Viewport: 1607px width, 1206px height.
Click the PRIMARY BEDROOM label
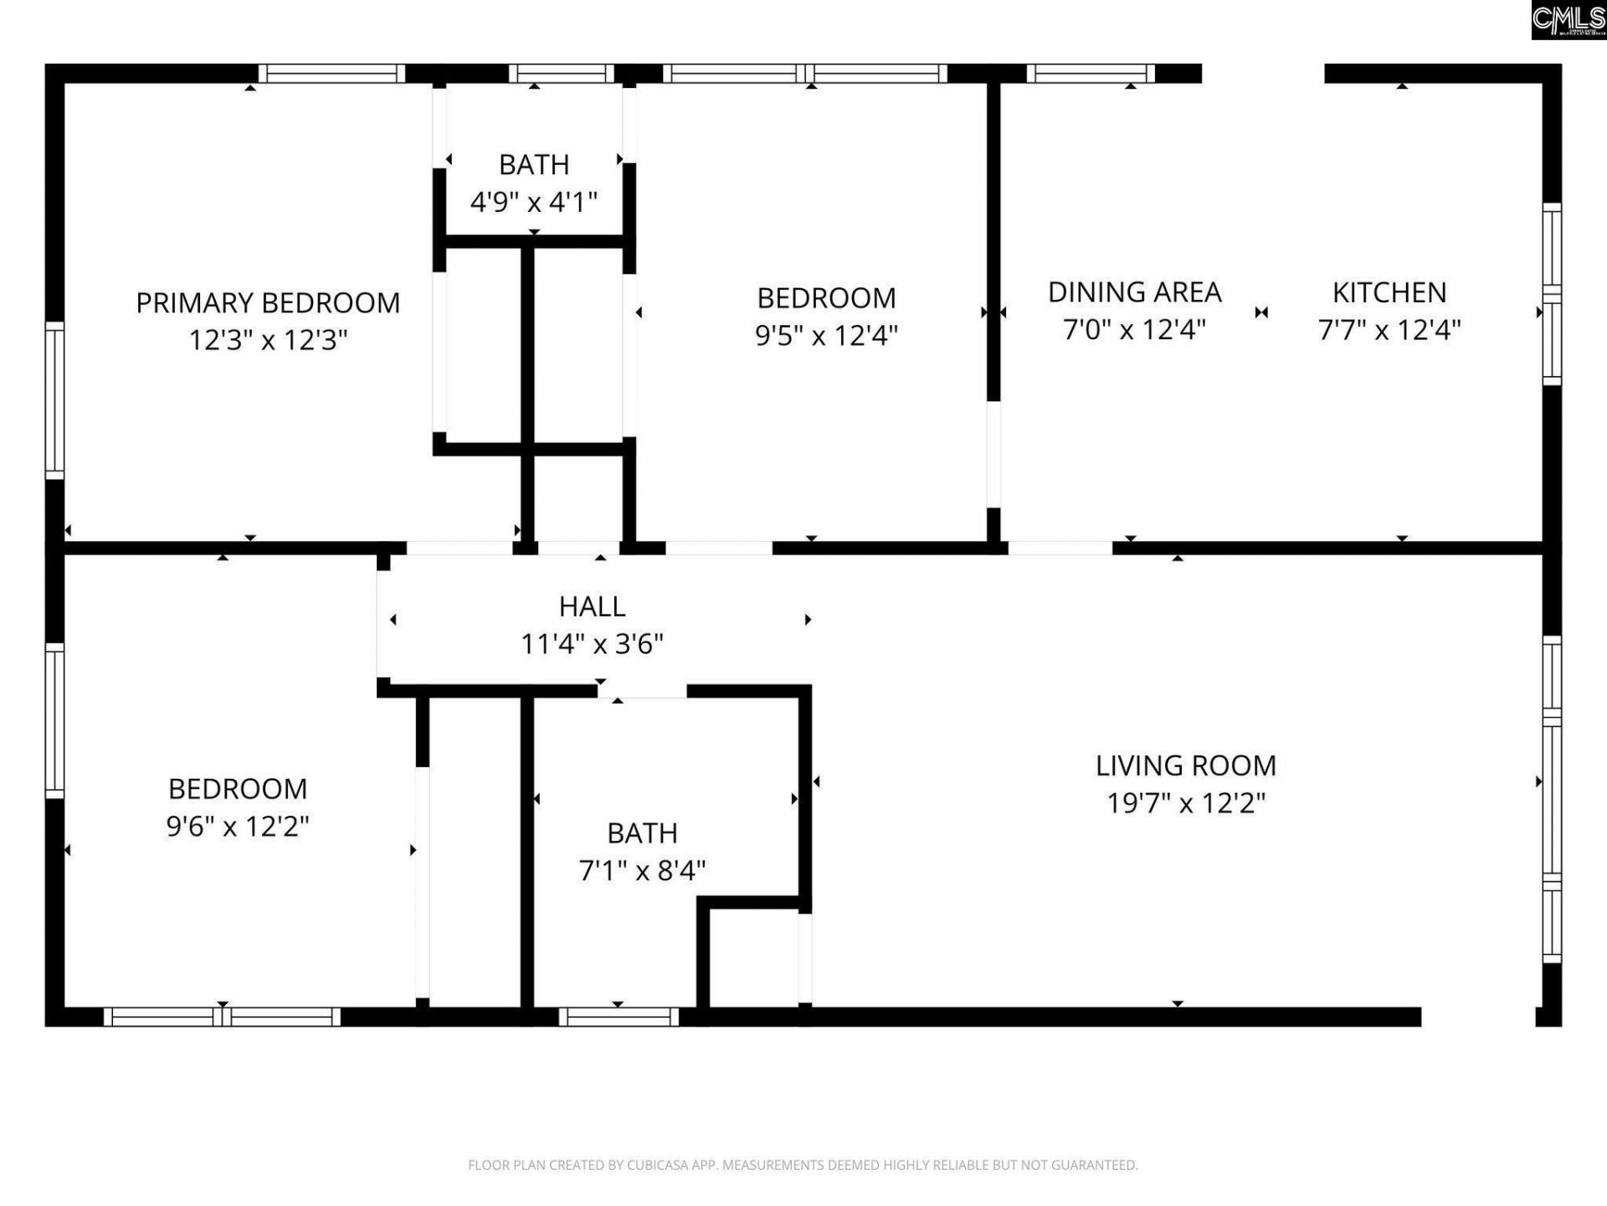[x=268, y=302]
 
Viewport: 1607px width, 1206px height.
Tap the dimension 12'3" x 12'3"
[x=268, y=340]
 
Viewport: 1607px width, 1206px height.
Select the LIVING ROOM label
[x=1185, y=765]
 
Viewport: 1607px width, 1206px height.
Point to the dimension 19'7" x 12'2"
[x=1185, y=803]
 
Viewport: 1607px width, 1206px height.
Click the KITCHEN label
[x=1389, y=292]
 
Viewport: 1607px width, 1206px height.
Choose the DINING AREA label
[x=1134, y=292]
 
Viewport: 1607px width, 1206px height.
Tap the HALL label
[x=592, y=606]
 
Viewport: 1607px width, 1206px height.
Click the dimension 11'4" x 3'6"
[x=592, y=644]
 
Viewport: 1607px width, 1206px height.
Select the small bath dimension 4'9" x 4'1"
[x=534, y=202]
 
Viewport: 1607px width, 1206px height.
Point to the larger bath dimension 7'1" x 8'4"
[x=642, y=871]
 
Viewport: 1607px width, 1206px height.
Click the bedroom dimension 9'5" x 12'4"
[x=826, y=336]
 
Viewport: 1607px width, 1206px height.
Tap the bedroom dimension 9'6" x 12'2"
[x=238, y=827]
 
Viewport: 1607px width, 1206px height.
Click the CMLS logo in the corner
[x=1568, y=19]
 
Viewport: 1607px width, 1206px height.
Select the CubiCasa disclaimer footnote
[x=803, y=1165]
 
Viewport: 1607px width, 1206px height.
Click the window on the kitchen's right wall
[x=1552, y=294]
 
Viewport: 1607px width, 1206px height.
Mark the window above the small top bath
[x=562, y=74]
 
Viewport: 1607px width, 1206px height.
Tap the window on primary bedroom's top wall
[x=331, y=74]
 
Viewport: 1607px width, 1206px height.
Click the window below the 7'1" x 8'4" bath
[x=619, y=1017]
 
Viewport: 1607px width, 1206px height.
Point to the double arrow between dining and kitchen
[x=1261, y=312]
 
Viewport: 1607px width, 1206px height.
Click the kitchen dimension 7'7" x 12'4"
[x=1389, y=330]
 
